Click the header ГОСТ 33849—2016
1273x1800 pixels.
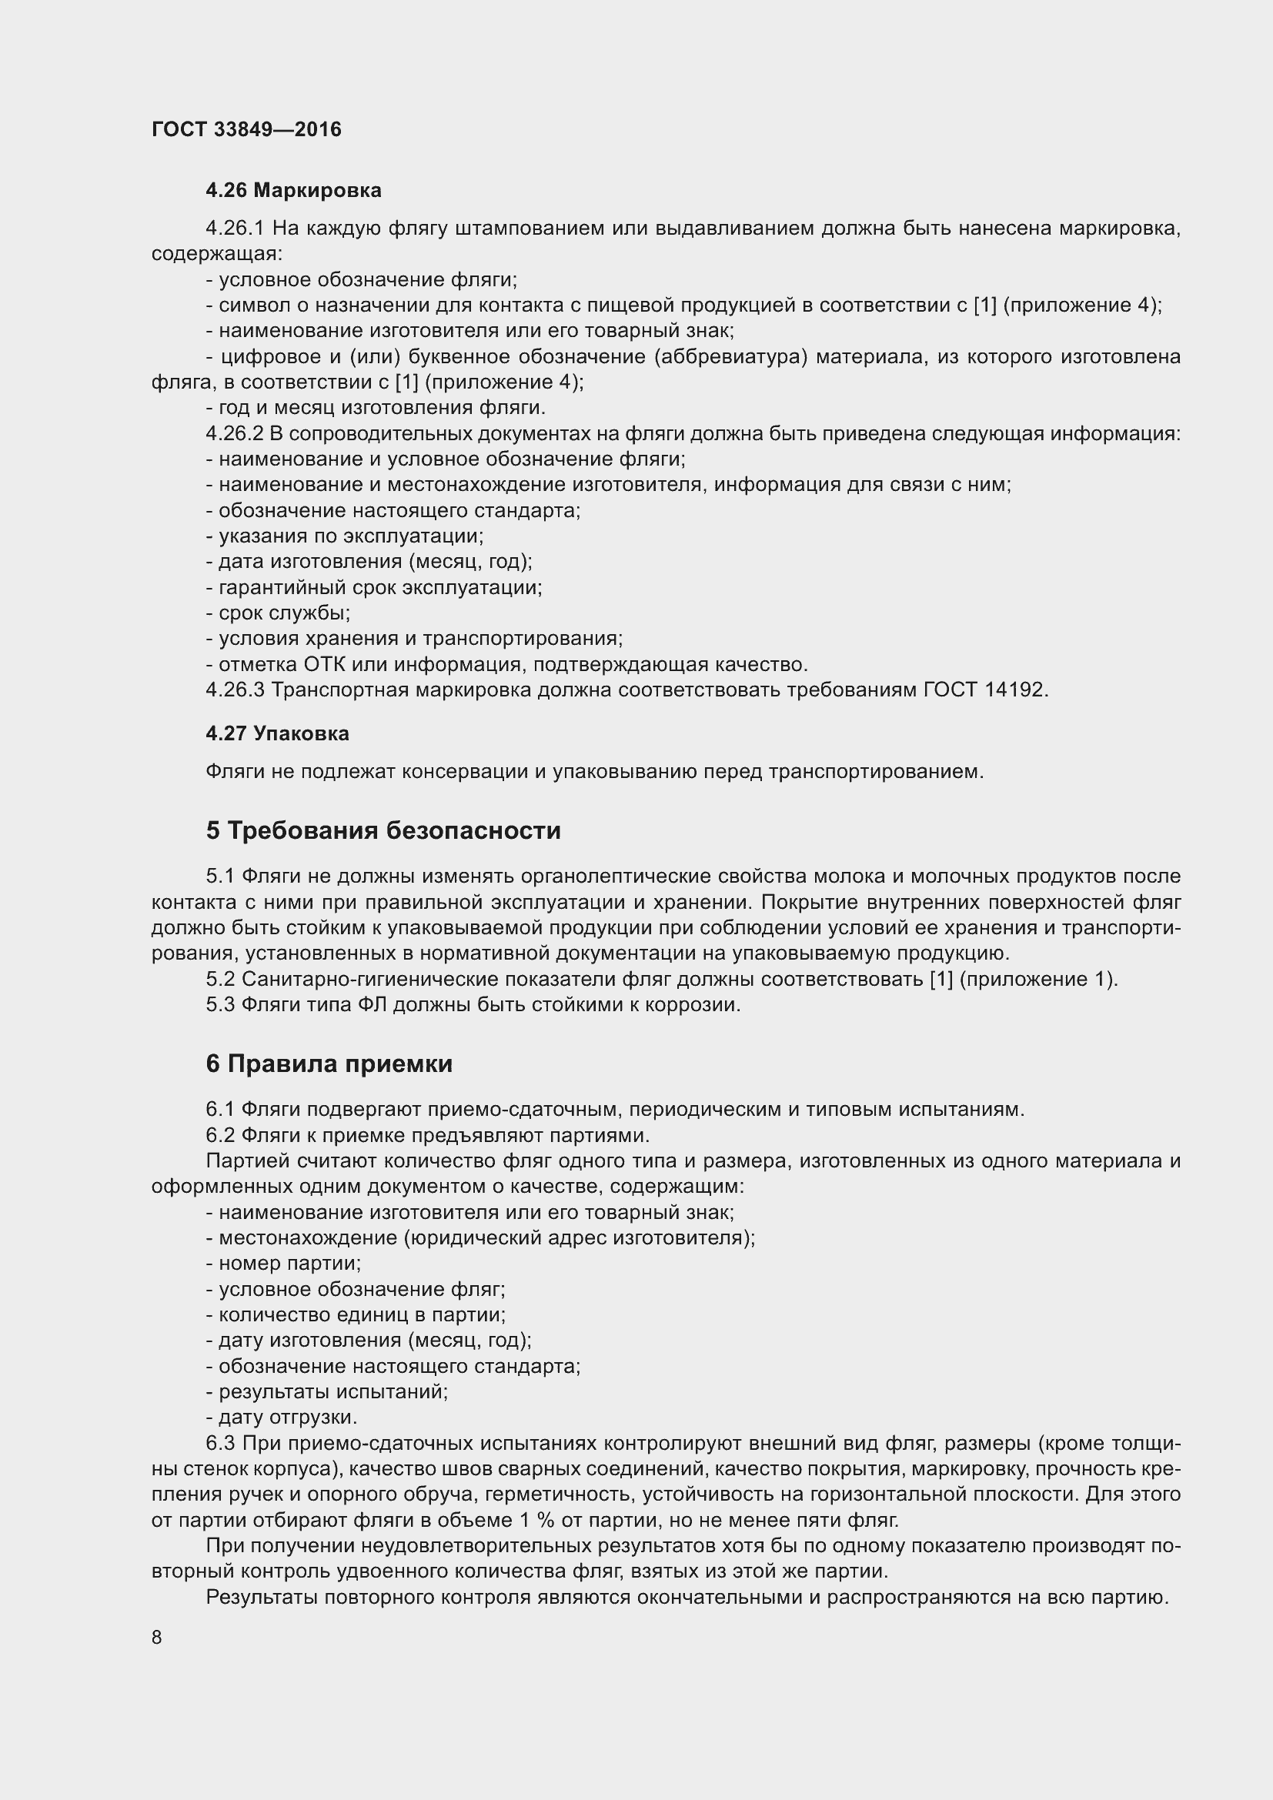coord(246,129)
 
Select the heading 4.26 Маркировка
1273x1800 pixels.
coord(293,190)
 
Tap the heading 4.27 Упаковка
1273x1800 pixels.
coord(277,733)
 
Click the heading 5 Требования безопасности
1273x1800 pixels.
coord(383,830)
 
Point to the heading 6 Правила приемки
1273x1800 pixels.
coord(329,1063)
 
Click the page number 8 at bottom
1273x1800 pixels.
coord(157,1637)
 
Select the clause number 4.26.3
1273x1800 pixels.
coord(236,690)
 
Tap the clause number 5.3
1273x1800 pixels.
coord(220,1004)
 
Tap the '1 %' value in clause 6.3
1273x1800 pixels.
coord(537,1520)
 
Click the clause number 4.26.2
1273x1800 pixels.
coord(236,433)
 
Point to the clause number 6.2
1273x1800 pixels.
coord(220,1135)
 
